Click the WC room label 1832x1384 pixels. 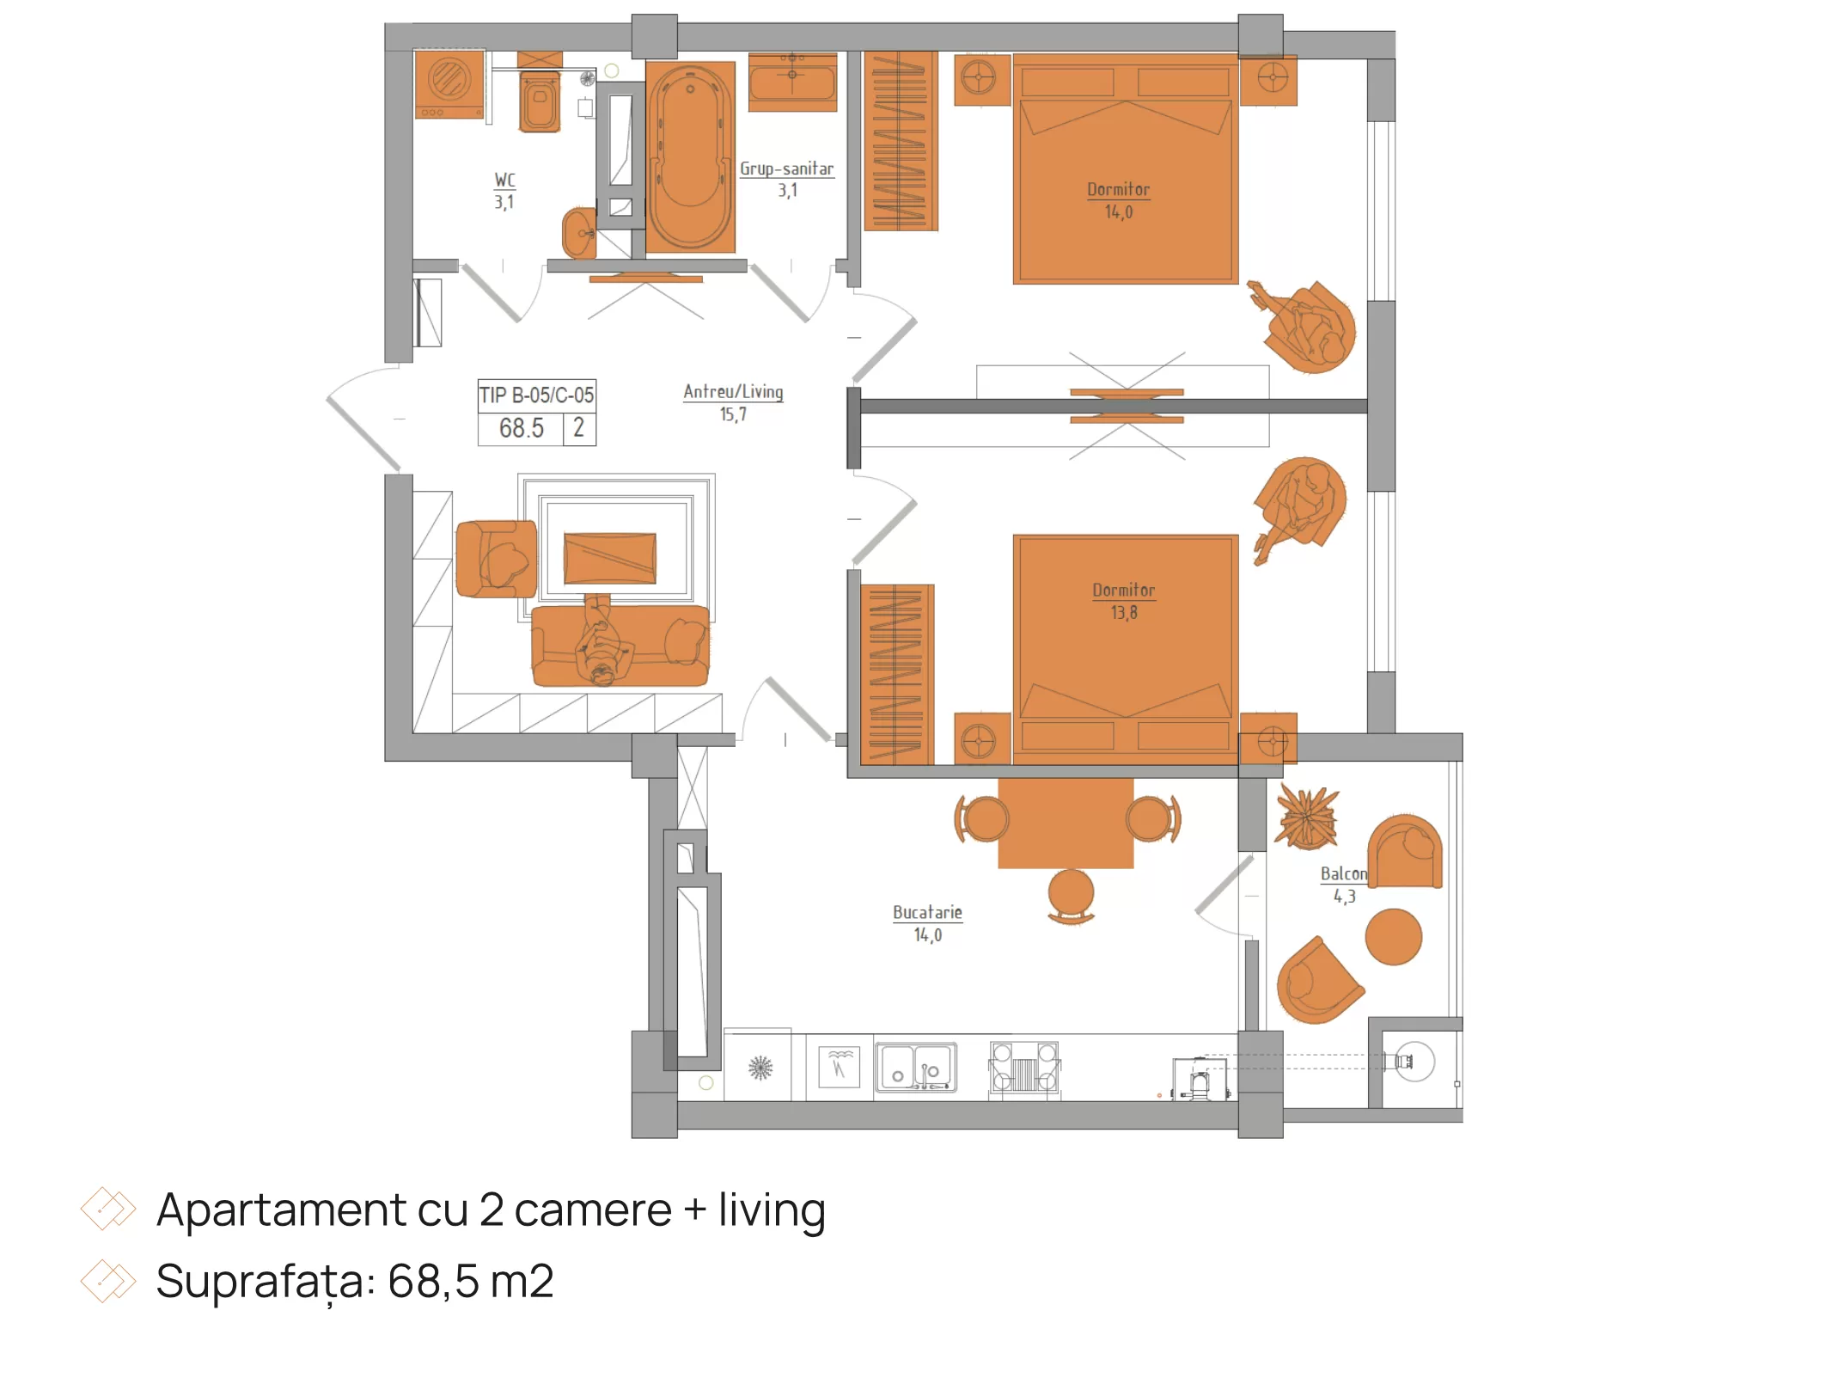[504, 180]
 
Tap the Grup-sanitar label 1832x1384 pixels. [787, 168]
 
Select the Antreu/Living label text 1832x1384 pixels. [733, 391]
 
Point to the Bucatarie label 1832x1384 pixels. [927, 912]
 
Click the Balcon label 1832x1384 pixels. [1343, 873]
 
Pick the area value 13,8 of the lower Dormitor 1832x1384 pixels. [1124, 612]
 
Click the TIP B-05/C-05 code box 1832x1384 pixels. [536, 395]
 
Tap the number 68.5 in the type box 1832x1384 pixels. [521, 428]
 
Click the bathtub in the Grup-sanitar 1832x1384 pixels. [690, 156]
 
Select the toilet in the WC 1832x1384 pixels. [540, 101]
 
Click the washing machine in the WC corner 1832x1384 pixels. [449, 84]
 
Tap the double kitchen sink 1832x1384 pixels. [916, 1068]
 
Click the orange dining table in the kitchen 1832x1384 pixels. [1066, 823]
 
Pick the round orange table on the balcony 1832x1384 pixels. [1393, 937]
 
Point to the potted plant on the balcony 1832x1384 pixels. [1307, 818]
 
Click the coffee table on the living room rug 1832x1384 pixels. [609, 558]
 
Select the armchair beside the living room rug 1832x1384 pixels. [496, 559]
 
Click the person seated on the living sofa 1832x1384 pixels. [602, 640]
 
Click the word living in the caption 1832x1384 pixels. [772, 1210]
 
